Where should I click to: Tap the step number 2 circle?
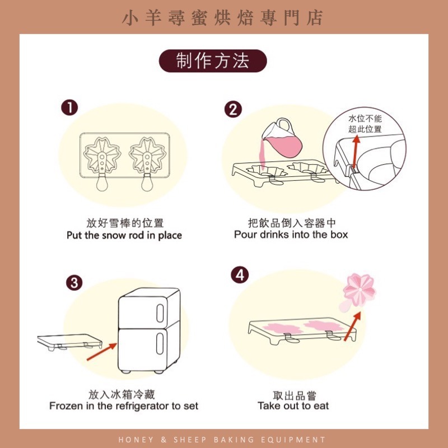[233, 110]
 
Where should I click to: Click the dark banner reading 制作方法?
[213, 61]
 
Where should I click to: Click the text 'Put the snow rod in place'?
[124, 235]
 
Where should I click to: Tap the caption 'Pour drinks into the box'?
[291, 235]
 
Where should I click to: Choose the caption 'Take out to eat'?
[293, 405]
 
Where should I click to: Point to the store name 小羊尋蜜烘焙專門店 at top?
[223, 18]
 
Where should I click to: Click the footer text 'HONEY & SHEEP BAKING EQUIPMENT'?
[223, 440]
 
